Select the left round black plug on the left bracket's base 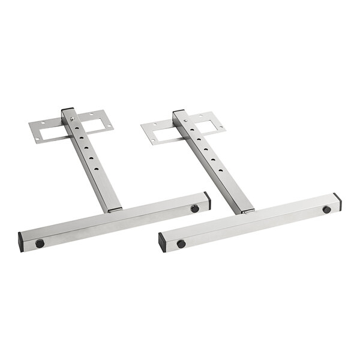[x=40, y=243]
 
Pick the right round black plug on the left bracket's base [x=194, y=208]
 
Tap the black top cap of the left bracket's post [x=67, y=110]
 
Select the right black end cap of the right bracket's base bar [x=337, y=201]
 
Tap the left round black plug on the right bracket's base [x=181, y=244]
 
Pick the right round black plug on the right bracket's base [x=326, y=209]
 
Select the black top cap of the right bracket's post [x=178, y=112]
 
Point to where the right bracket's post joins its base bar [x=247, y=211]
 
